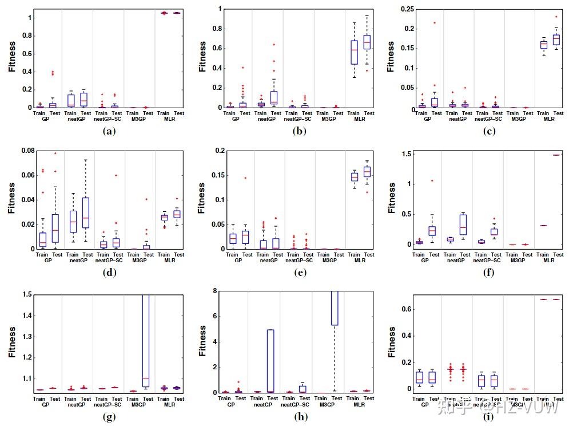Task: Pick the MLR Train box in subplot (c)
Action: click(x=543, y=45)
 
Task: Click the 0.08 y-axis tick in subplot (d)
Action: click(x=25, y=151)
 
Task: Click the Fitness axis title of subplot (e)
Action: click(x=202, y=199)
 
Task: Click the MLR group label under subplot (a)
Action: click(x=169, y=119)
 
